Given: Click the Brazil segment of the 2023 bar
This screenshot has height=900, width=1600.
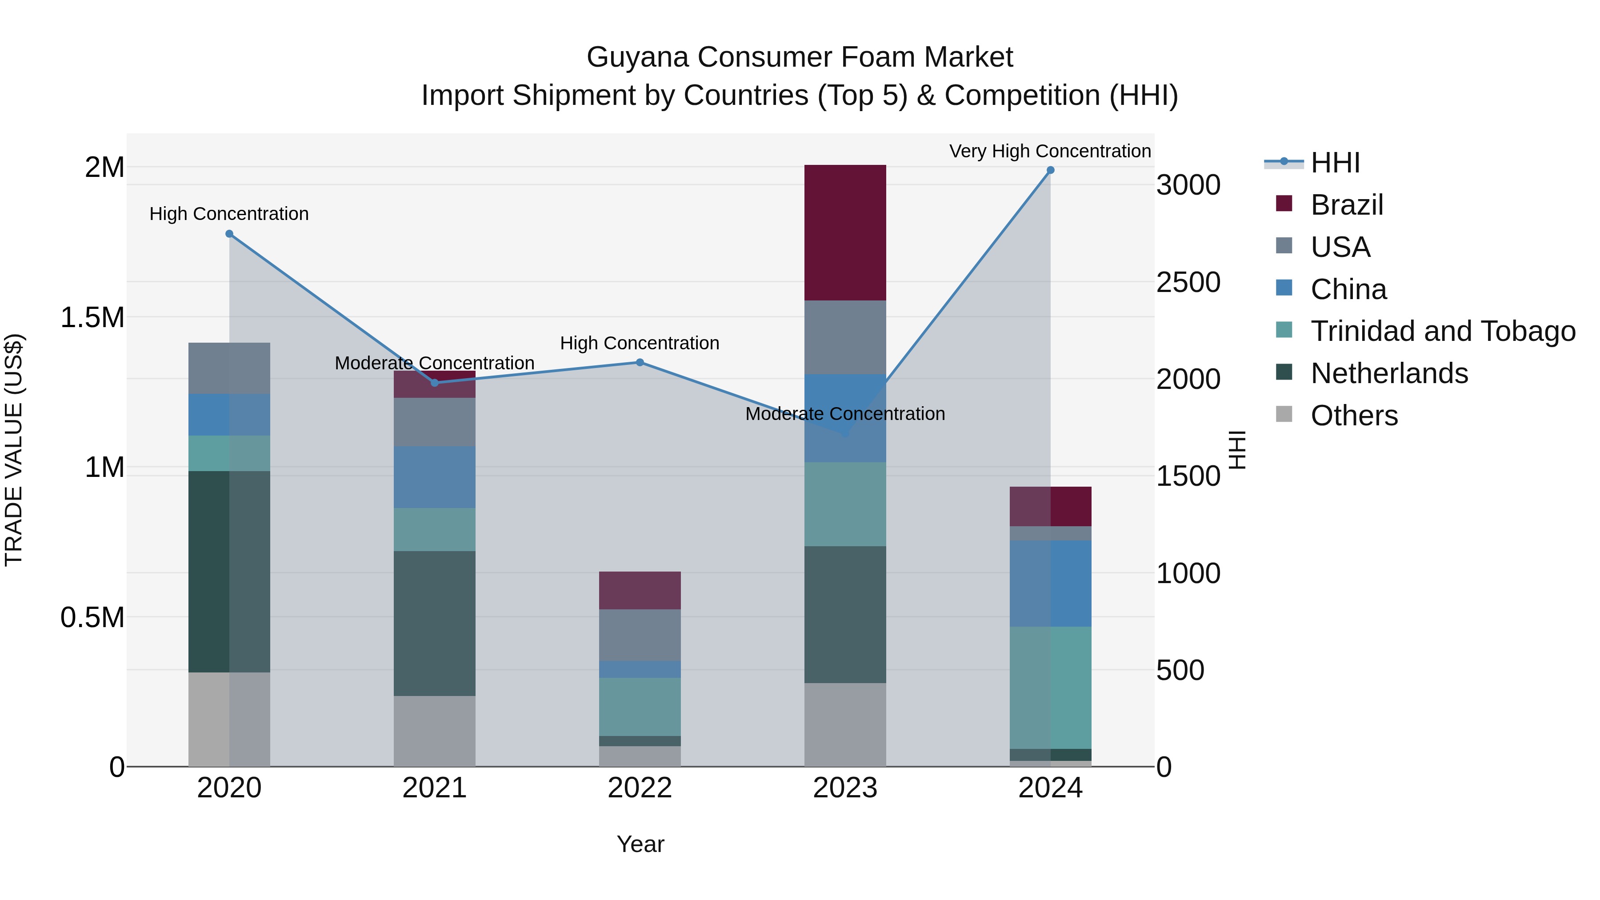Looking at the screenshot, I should pyautogui.click(x=845, y=233).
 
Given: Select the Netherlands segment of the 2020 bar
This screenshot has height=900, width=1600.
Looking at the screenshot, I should pyautogui.click(x=229, y=572).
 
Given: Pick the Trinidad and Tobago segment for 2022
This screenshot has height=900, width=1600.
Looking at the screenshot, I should pyautogui.click(x=640, y=707).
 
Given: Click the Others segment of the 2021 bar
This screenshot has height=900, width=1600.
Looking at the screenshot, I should pyautogui.click(x=434, y=731).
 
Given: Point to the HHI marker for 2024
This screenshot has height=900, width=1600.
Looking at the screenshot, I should pyautogui.click(x=1050, y=170).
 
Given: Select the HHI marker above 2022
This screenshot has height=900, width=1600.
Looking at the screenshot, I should pyautogui.click(x=640, y=362).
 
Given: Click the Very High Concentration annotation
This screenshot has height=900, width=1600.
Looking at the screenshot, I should pyautogui.click(x=1050, y=151).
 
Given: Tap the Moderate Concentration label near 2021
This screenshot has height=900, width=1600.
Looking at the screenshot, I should pyautogui.click(x=434, y=363).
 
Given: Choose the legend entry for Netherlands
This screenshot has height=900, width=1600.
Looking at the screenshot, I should pyautogui.click(x=1389, y=373).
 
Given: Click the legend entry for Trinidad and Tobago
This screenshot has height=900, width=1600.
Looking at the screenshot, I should pyautogui.click(x=1442, y=331).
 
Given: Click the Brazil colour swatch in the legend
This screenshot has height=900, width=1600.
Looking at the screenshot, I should pyautogui.click(x=1284, y=204).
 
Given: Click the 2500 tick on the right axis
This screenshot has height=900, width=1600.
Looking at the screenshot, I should pyautogui.click(x=1188, y=283).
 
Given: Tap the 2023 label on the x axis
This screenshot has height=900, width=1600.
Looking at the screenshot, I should pyautogui.click(x=845, y=788).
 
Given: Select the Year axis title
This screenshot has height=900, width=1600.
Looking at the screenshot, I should pyautogui.click(x=640, y=844).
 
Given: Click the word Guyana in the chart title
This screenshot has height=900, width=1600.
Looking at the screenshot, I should pyautogui.click(x=637, y=57).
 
